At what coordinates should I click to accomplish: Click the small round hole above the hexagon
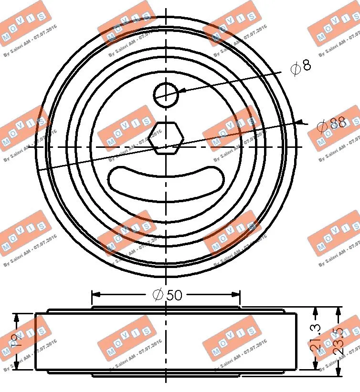[x=166, y=94]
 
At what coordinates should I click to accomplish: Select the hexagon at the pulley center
[x=166, y=138]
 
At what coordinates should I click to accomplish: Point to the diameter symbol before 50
[x=159, y=295]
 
